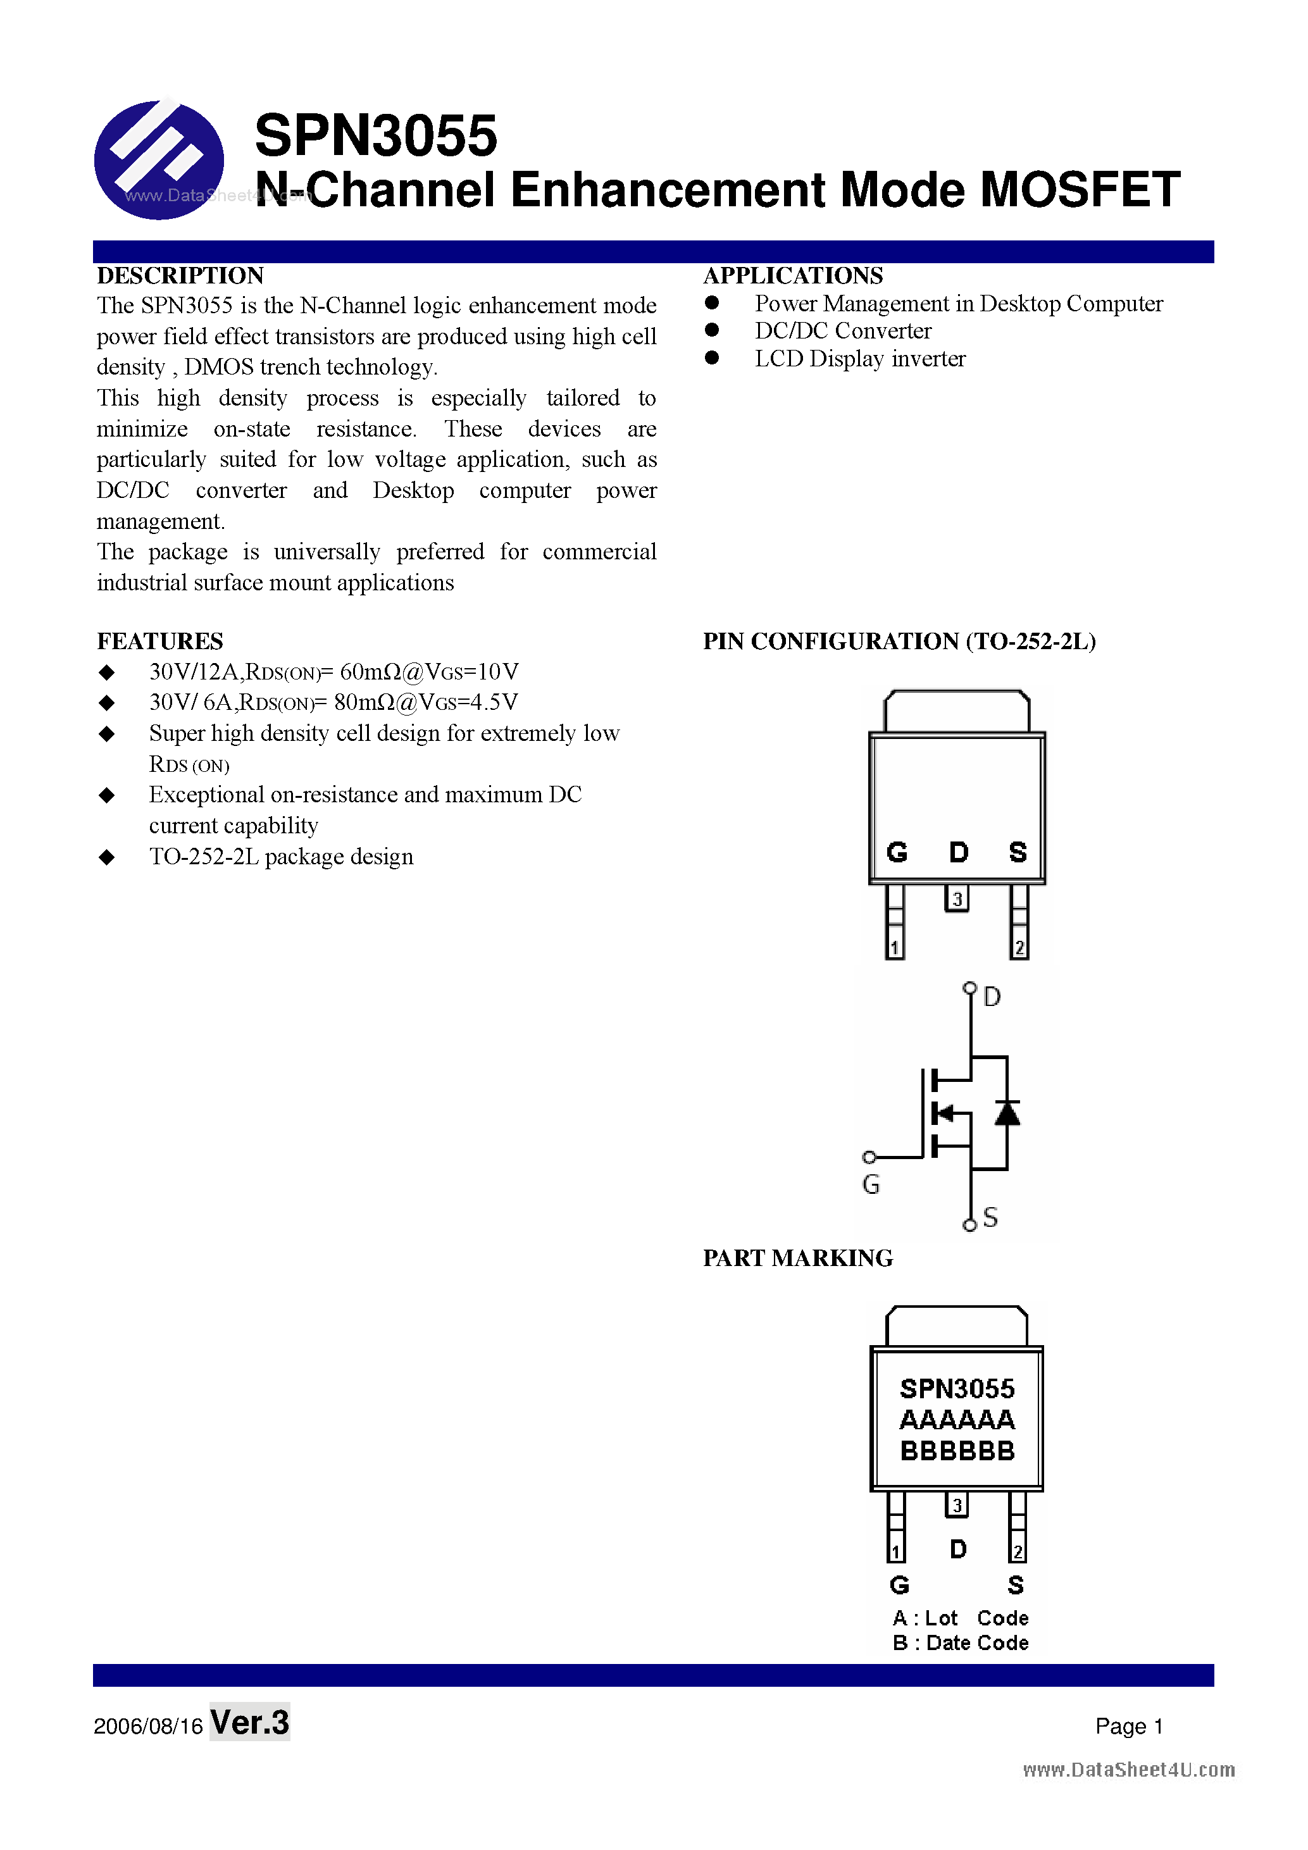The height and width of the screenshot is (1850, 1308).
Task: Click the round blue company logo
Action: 159,159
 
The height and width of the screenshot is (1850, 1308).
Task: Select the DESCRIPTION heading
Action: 180,276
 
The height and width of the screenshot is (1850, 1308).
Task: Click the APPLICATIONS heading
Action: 793,276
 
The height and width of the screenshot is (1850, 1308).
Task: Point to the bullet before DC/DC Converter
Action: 712,330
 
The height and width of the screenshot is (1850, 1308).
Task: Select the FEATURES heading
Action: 159,642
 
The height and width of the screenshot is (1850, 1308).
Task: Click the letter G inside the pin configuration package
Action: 897,852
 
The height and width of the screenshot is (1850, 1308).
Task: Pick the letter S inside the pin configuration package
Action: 1018,852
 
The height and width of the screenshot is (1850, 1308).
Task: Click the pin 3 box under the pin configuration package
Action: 957,898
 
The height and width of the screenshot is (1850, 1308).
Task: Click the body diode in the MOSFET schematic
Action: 1007,1114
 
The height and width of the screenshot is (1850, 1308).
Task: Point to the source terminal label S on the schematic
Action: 990,1217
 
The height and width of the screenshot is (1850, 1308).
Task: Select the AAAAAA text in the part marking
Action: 957,1420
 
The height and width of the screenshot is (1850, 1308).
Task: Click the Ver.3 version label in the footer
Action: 250,1722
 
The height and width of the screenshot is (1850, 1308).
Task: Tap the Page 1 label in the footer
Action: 1128,1726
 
